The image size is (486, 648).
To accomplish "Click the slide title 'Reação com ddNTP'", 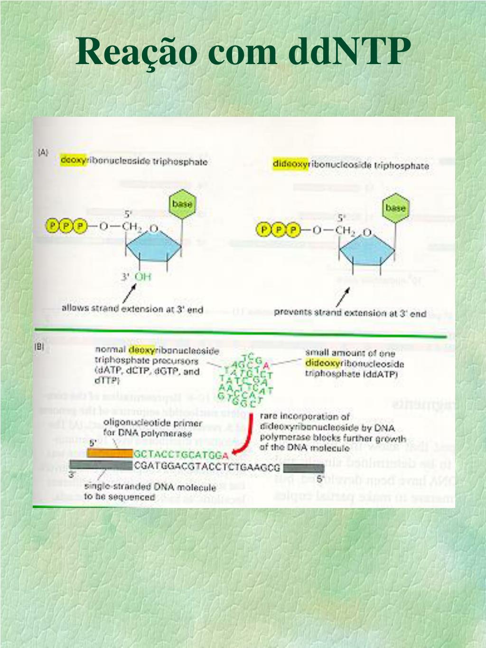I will (x=243, y=51).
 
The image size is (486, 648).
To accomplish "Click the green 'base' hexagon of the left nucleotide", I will (x=182, y=204).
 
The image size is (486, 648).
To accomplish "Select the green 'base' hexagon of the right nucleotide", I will (x=395, y=208).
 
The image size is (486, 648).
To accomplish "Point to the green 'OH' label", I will (x=143, y=276).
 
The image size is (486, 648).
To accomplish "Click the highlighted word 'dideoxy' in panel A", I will (x=290, y=164).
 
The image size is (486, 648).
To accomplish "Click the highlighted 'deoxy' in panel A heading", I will (x=73, y=160).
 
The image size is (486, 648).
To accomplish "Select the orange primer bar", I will (x=110, y=453).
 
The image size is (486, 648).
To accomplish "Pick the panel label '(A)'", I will (x=43, y=152).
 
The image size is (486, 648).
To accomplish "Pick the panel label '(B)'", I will (x=39, y=347).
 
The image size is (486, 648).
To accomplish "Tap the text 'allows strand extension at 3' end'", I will (x=132, y=309).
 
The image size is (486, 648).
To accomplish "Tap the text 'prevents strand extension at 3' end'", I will (x=350, y=313).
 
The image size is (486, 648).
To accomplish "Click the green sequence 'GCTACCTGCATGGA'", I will (x=181, y=454).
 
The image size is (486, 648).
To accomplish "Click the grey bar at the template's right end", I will (x=303, y=468).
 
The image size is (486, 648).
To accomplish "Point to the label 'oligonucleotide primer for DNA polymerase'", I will (x=152, y=428).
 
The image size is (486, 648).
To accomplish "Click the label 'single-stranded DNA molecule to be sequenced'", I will (x=150, y=492).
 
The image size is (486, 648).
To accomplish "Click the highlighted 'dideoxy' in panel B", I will (x=323, y=363).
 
